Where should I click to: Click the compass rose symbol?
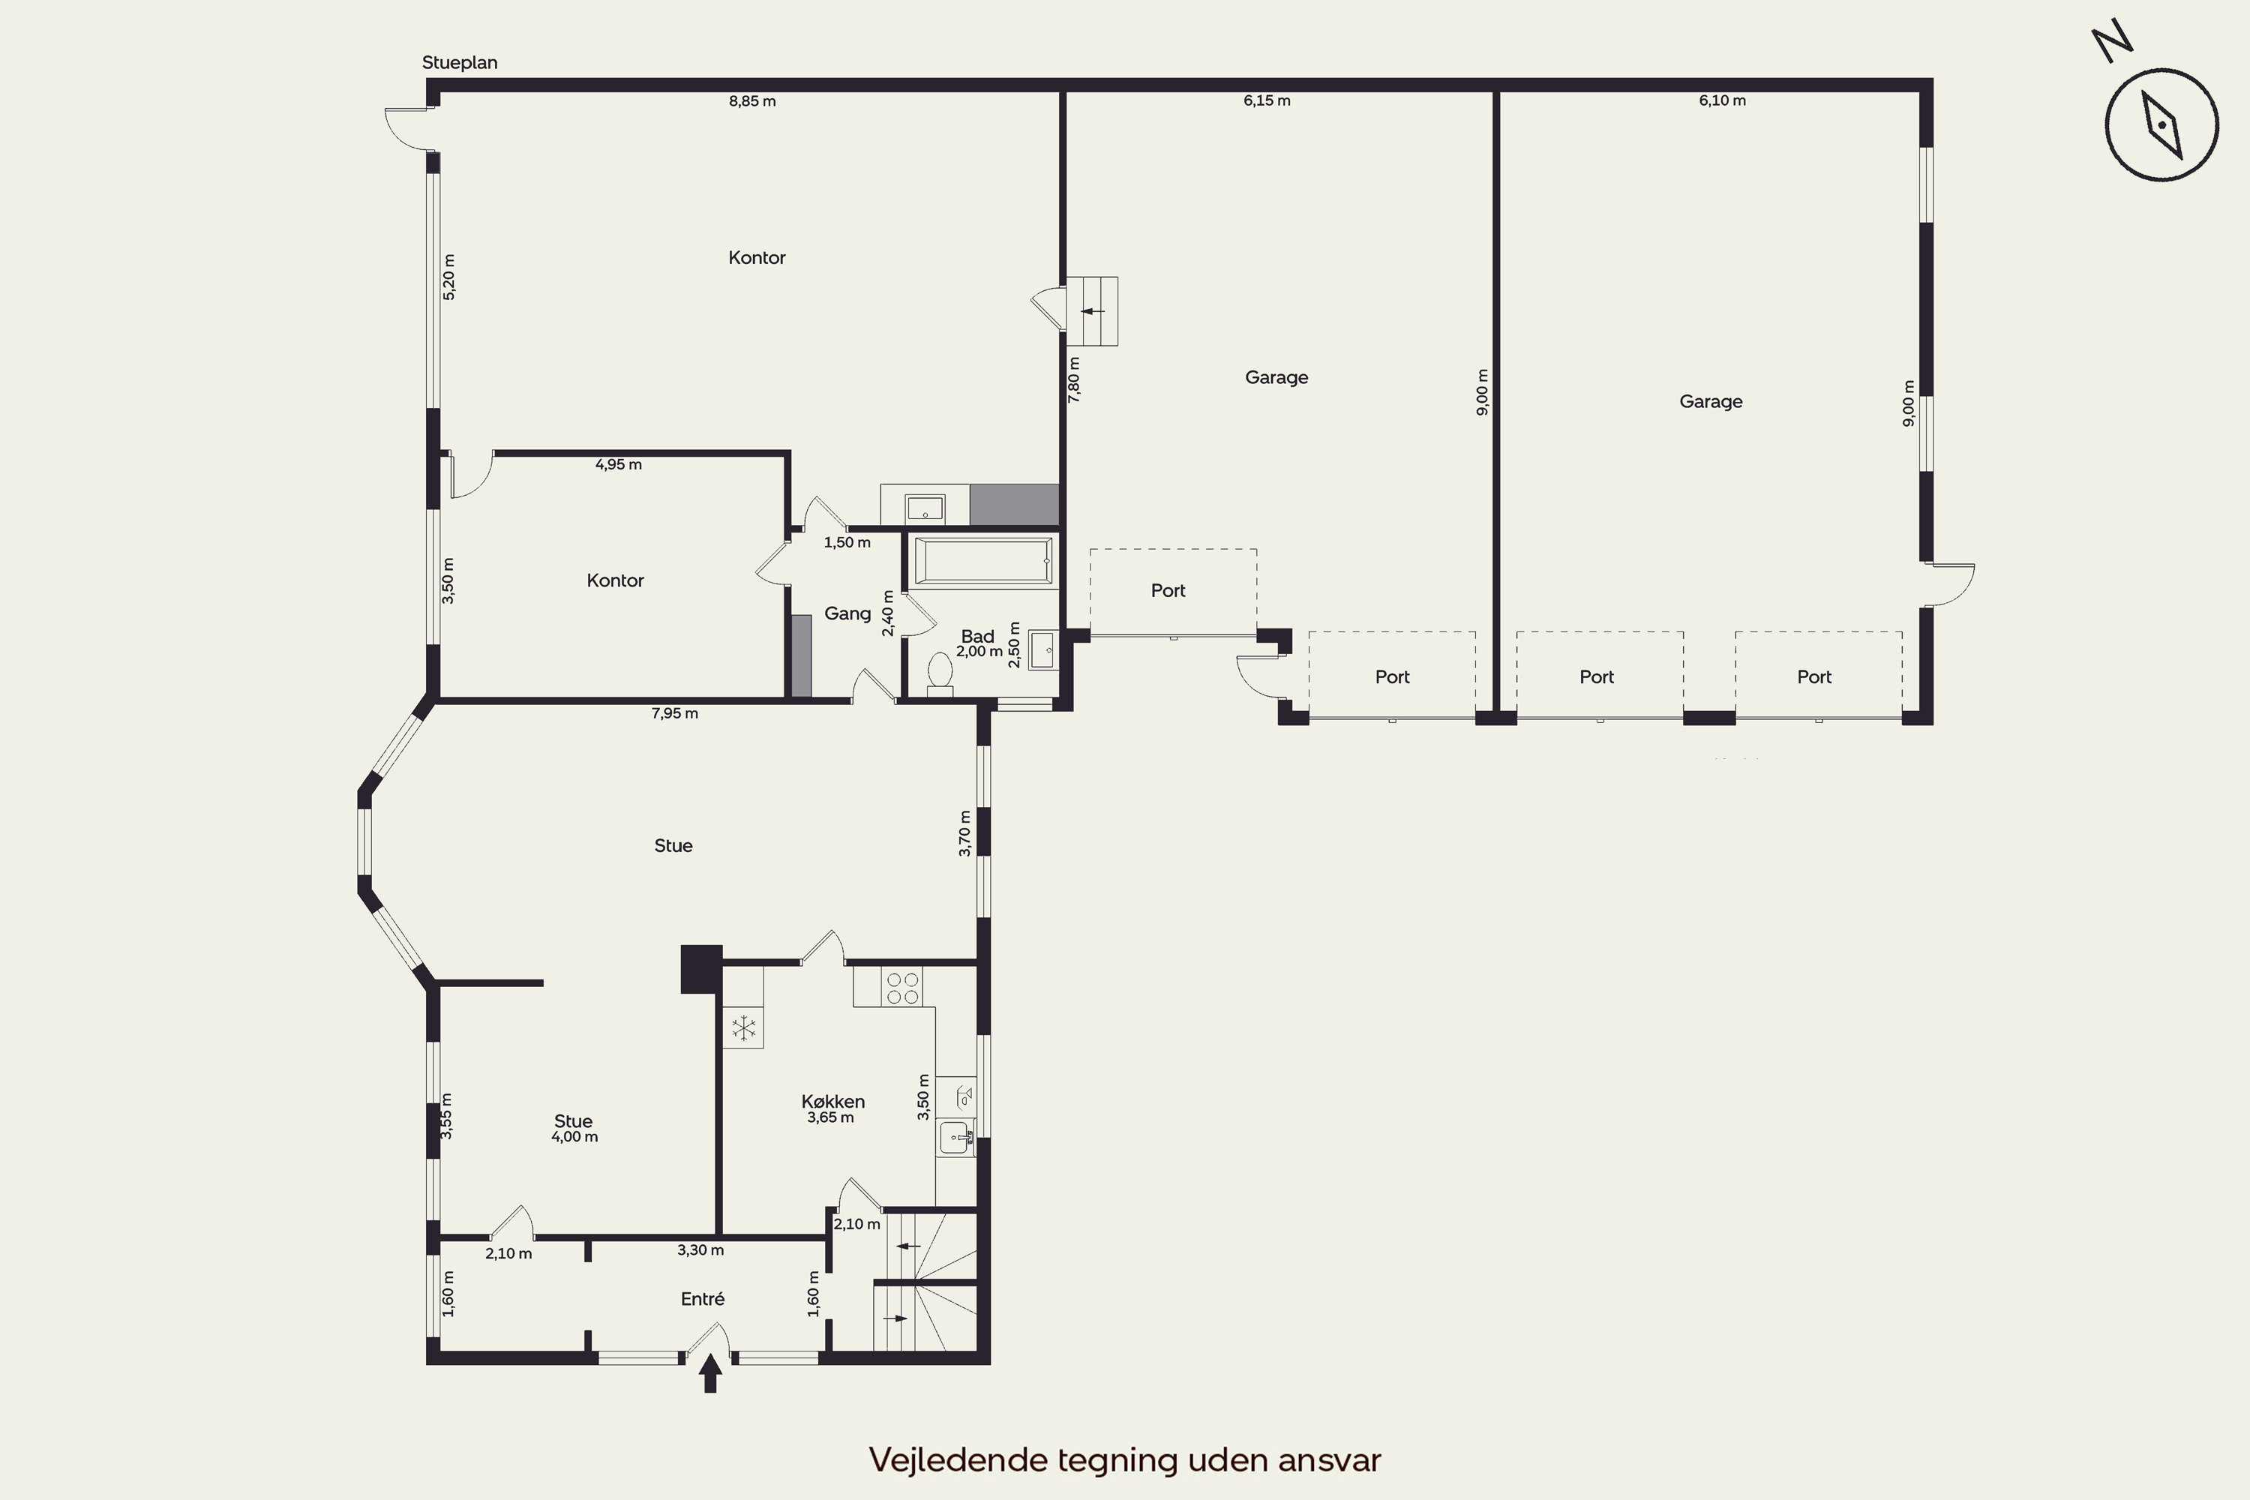2160,124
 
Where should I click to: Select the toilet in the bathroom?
940,673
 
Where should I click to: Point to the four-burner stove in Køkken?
902,987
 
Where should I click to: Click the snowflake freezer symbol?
743,1028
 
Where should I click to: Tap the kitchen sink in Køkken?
955,1138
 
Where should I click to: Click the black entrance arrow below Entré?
709,1372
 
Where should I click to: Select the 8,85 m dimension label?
752,100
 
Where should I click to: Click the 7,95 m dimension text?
674,712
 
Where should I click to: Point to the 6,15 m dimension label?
1267,100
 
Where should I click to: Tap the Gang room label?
847,613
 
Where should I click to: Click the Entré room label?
702,1298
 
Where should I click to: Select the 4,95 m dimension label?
618,464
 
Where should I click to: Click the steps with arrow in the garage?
1091,311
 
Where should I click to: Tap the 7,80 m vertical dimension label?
1073,379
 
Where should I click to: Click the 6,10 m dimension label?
1722,100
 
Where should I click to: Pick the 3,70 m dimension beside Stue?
964,833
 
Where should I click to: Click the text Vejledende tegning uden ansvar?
1125,1459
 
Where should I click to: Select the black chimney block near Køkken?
701,968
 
